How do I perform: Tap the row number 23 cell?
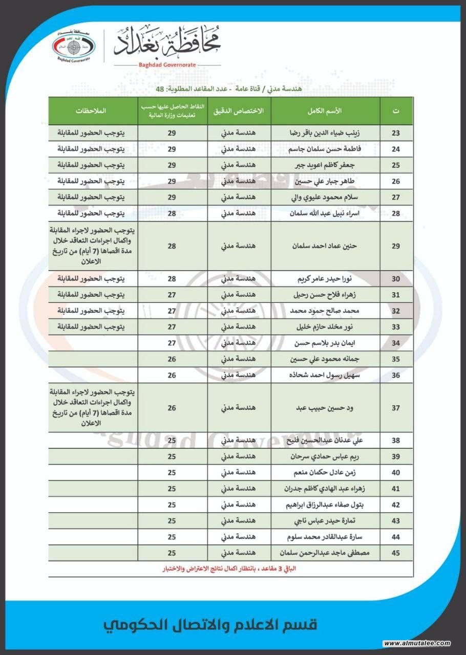tap(395, 133)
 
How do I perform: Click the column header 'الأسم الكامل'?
tap(326, 111)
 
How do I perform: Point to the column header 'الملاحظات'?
tap(94, 111)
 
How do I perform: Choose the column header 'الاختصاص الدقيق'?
tap(239, 111)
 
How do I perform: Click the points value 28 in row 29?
tap(172, 246)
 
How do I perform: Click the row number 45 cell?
tap(395, 553)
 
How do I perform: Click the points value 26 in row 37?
tap(172, 408)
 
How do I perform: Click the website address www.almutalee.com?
tap(417, 643)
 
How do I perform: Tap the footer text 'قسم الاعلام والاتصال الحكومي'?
tap(210, 625)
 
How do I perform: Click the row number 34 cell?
tap(395, 343)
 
